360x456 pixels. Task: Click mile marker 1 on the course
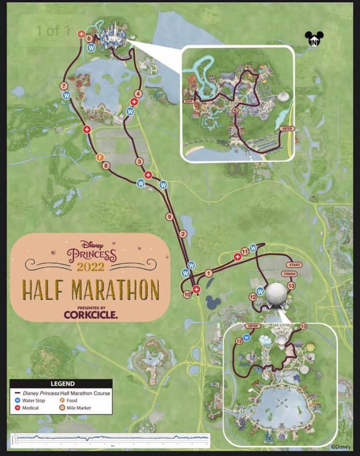pos(208,272)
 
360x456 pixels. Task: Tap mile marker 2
pos(183,234)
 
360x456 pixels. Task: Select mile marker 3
pos(140,161)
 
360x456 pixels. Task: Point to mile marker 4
pos(138,93)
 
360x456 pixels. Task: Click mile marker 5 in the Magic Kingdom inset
pos(235,111)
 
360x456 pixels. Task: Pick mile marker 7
pos(64,86)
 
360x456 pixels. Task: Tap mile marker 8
pos(106,166)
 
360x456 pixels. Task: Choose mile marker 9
pos(169,217)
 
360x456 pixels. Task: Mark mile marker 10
pos(187,295)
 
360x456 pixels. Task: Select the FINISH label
pos(290,274)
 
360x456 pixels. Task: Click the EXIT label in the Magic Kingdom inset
pos(187,101)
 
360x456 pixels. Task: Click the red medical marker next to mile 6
pos(81,34)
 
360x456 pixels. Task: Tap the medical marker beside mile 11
pos(237,255)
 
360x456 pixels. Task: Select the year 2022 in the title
pos(90,267)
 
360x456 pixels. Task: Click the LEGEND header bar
pos(61,383)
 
